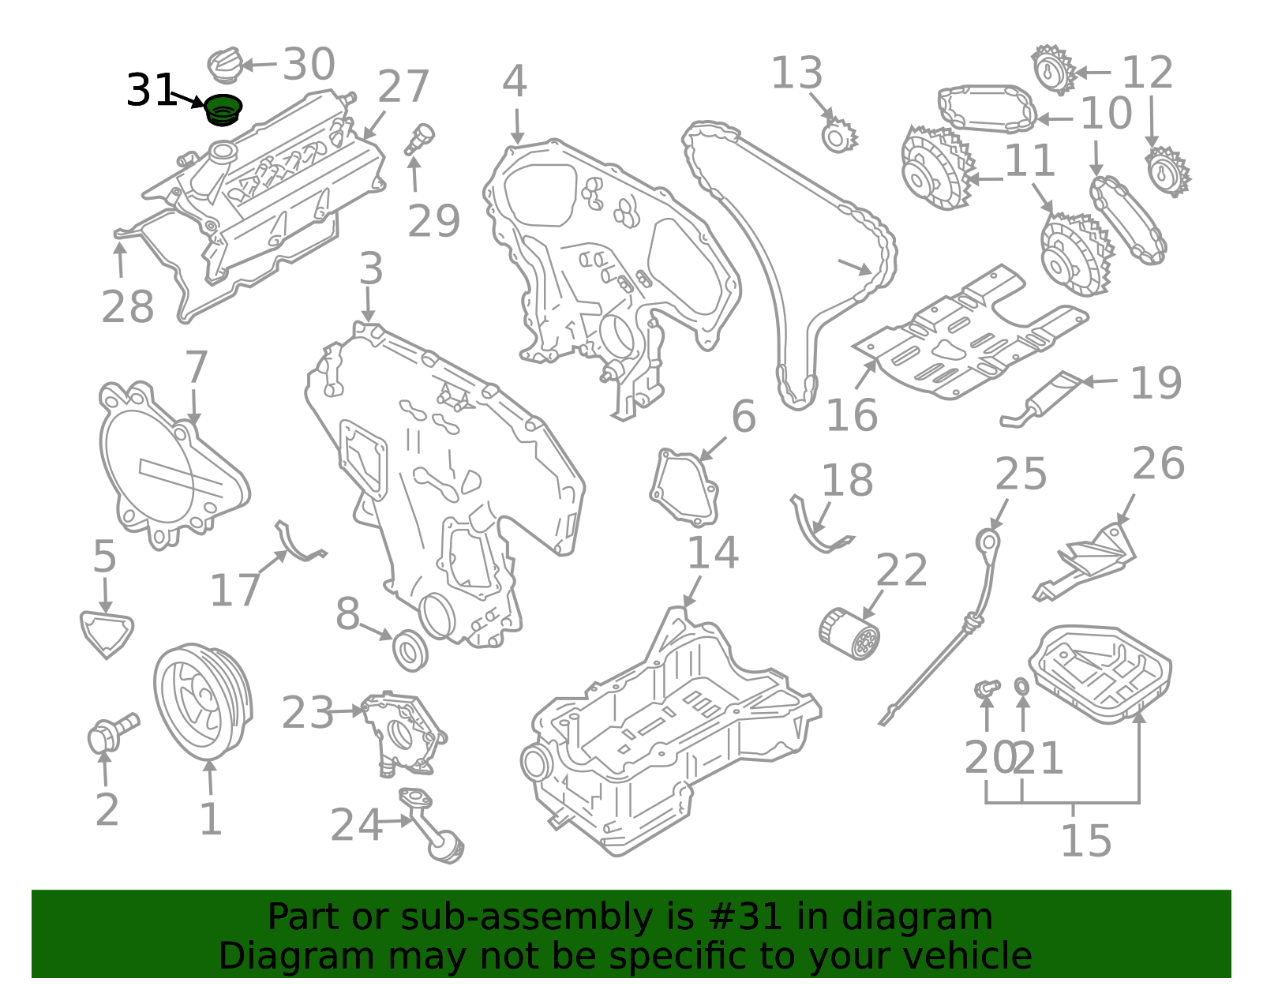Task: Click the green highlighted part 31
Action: [x=223, y=109]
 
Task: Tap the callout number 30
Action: [x=309, y=63]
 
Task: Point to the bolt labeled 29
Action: [x=420, y=139]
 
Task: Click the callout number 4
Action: [x=515, y=81]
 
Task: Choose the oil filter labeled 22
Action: [x=849, y=633]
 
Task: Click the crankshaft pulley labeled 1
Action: [x=203, y=701]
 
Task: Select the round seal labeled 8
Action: [x=410, y=650]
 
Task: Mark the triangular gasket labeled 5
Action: [x=107, y=634]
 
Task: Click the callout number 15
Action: [x=1085, y=840]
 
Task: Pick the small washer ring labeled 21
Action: [x=1021, y=686]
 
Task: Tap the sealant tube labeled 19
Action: [x=1041, y=399]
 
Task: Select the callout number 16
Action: [x=852, y=415]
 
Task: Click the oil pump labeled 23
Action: [x=403, y=734]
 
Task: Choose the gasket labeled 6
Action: [x=684, y=488]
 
